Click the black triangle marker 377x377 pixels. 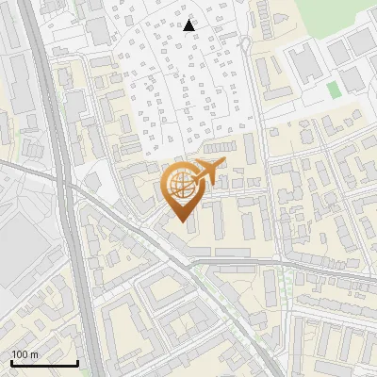189,25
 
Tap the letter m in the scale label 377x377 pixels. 35,354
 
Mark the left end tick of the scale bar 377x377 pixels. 11,362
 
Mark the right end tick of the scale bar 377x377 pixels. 77,362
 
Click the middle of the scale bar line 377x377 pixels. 44,364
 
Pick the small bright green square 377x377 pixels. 333,90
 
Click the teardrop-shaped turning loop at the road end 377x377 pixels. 245,44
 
